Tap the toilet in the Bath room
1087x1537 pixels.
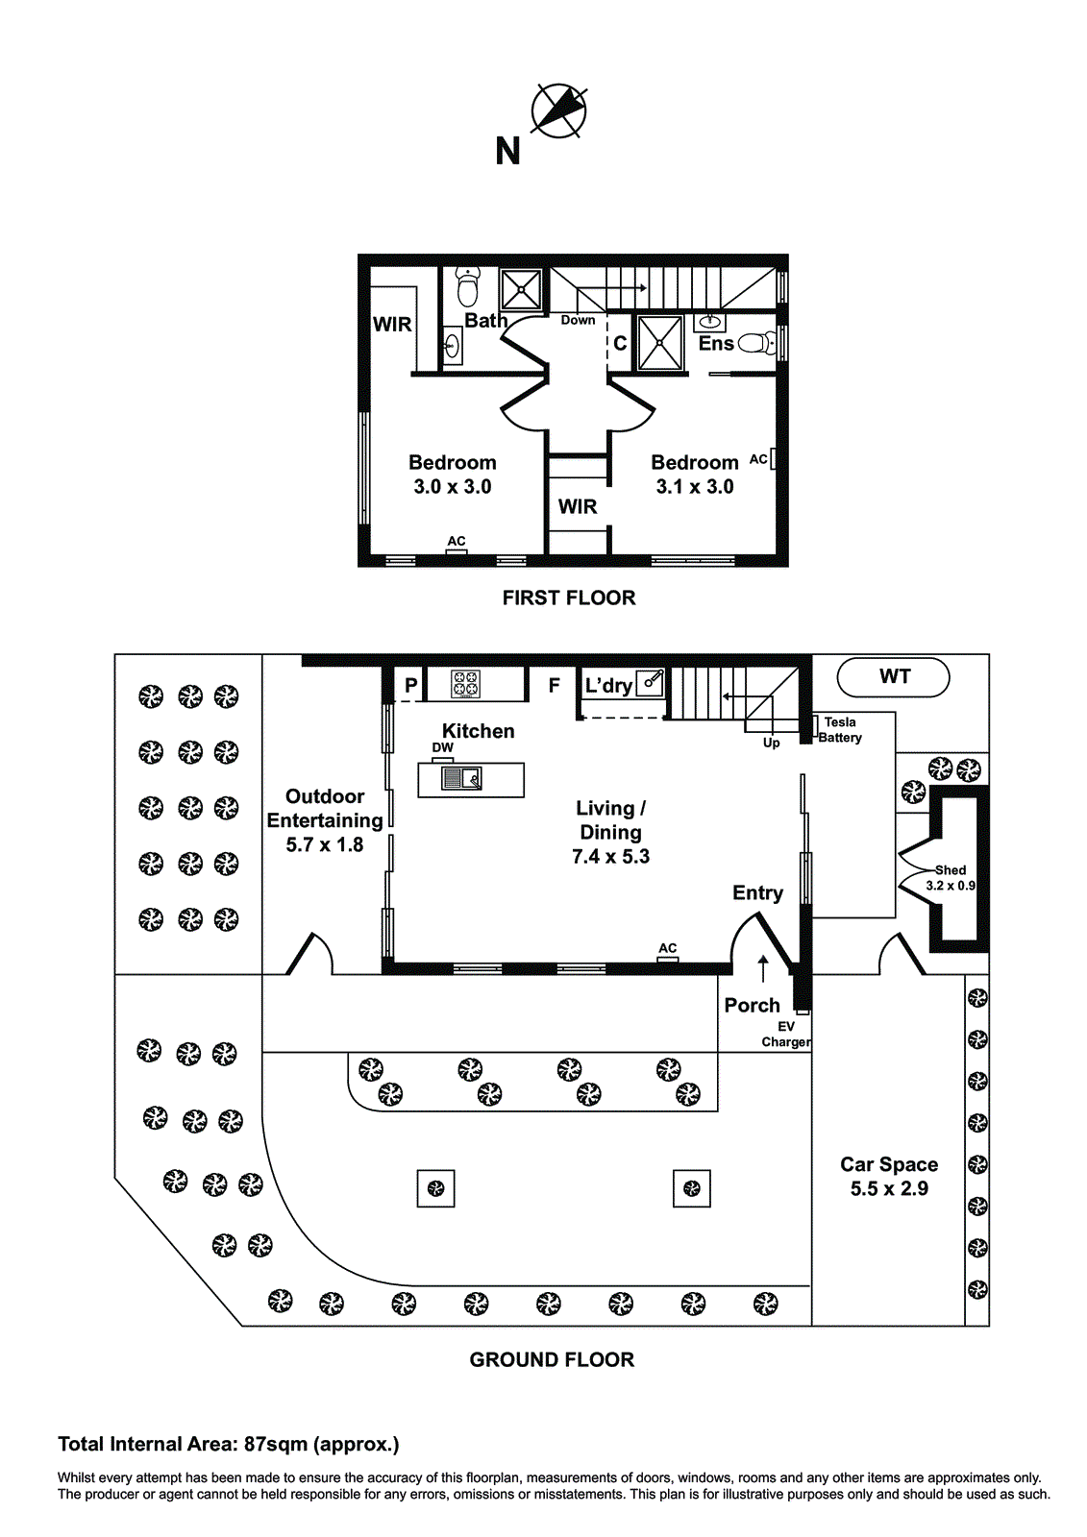click(x=468, y=287)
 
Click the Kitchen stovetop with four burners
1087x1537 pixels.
click(x=465, y=684)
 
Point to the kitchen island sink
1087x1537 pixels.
click(x=461, y=778)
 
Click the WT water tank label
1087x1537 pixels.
click(x=894, y=676)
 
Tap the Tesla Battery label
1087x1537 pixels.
click(x=840, y=729)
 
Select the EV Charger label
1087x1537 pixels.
click(x=786, y=1034)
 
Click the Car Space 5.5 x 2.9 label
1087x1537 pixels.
click(x=889, y=1176)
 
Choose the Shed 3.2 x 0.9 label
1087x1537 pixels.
click(x=951, y=878)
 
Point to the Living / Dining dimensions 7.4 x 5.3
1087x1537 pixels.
click(x=610, y=856)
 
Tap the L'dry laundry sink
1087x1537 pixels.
click(x=651, y=683)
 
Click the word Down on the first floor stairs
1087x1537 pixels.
click(x=579, y=320)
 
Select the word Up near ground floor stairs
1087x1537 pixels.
click(x=771, y=744)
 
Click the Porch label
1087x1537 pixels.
click(x=752, y=1005)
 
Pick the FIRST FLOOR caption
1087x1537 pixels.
click(x=569, y=598)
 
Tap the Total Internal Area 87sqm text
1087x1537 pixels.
click(x=229, y=1445)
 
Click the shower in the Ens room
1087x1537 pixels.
click(x=660, y=343)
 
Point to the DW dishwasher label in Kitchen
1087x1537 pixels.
click(x=443, y=747)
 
